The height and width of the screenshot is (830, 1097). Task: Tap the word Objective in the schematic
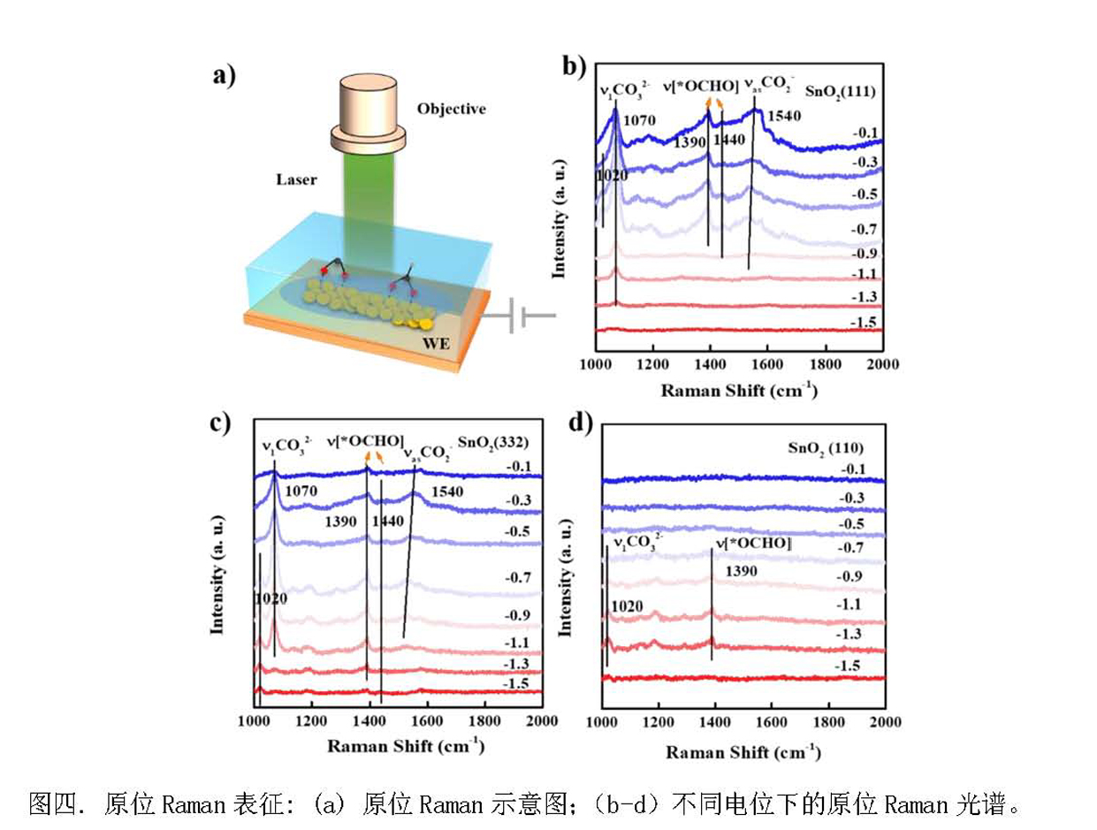(x=451, y=109)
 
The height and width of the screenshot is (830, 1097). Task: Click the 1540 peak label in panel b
(x=783, y=116)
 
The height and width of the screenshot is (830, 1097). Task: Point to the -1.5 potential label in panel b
(x=864, y=324)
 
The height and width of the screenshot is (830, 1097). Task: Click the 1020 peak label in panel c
(x=270, y=599)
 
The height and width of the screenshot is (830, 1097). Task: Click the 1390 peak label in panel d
(x=741, y=572)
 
